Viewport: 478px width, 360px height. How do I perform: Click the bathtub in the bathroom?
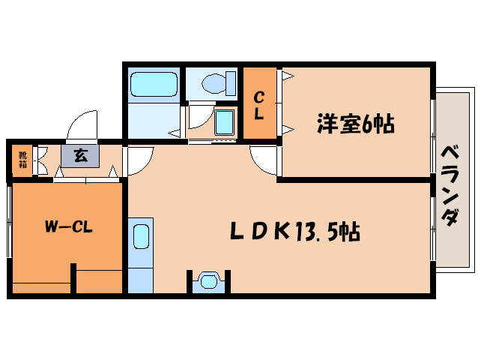pyautogui.click(x=154, y=85)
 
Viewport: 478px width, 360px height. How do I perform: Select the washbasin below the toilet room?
pyautogui.click(x=224, y=121)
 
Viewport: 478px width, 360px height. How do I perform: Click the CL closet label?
pyautogui.click(x=258, y=106)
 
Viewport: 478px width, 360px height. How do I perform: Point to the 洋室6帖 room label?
pyautogui.click(x=355, y=124)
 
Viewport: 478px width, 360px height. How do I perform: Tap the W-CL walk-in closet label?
pyautogui.click(x=68, y=225)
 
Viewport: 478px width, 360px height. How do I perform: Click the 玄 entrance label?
pyautogui.click(x=79, y=157)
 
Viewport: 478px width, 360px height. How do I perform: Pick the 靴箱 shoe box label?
pyautogui.click(x=22, y=159)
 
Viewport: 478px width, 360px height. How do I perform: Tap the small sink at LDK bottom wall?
pyautogui.click(x=208, y=281)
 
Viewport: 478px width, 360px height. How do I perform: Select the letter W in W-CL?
pyautogui.click(x=52, y=225)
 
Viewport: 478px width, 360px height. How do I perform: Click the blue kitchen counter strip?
pyautogui.click(x=140, y=255)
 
